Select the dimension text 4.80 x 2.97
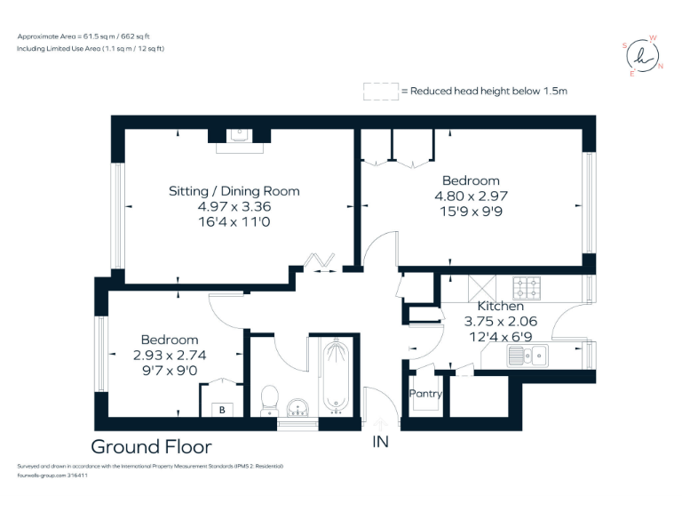point(471,196)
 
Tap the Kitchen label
point(501,307)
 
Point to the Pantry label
point(424,393)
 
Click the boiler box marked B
point(222,410)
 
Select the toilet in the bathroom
point(270,399)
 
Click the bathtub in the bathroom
point(336,377)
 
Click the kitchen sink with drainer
point(527,356)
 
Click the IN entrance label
point(381,441)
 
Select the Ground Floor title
point(151,446)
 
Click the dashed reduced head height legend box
point(380,91)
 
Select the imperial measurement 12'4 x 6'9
point(501,337)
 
